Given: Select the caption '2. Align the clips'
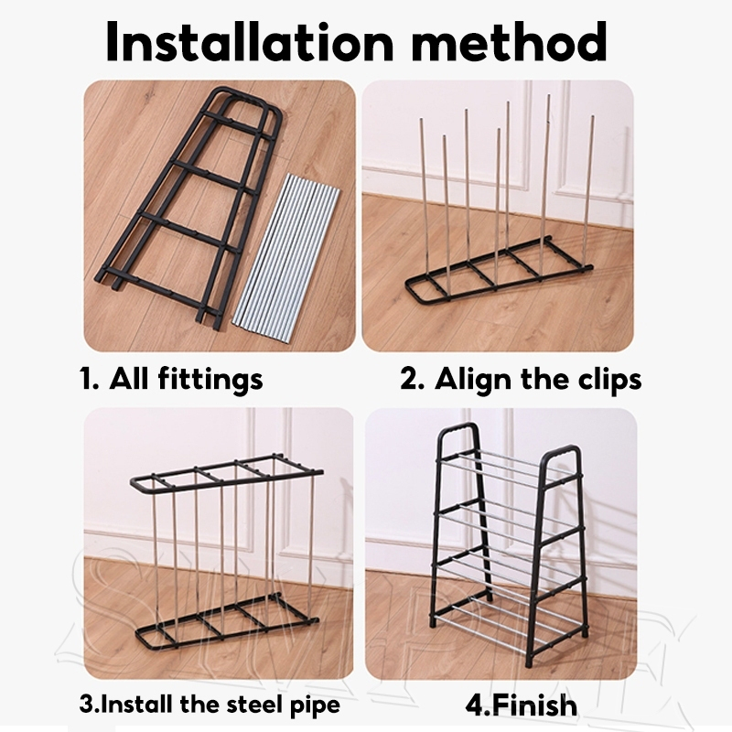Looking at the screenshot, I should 521,379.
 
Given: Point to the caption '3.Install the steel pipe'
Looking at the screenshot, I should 209,705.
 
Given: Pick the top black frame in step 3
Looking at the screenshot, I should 224,475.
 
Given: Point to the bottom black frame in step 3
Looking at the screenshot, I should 224,622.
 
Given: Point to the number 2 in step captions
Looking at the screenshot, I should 408,379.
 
